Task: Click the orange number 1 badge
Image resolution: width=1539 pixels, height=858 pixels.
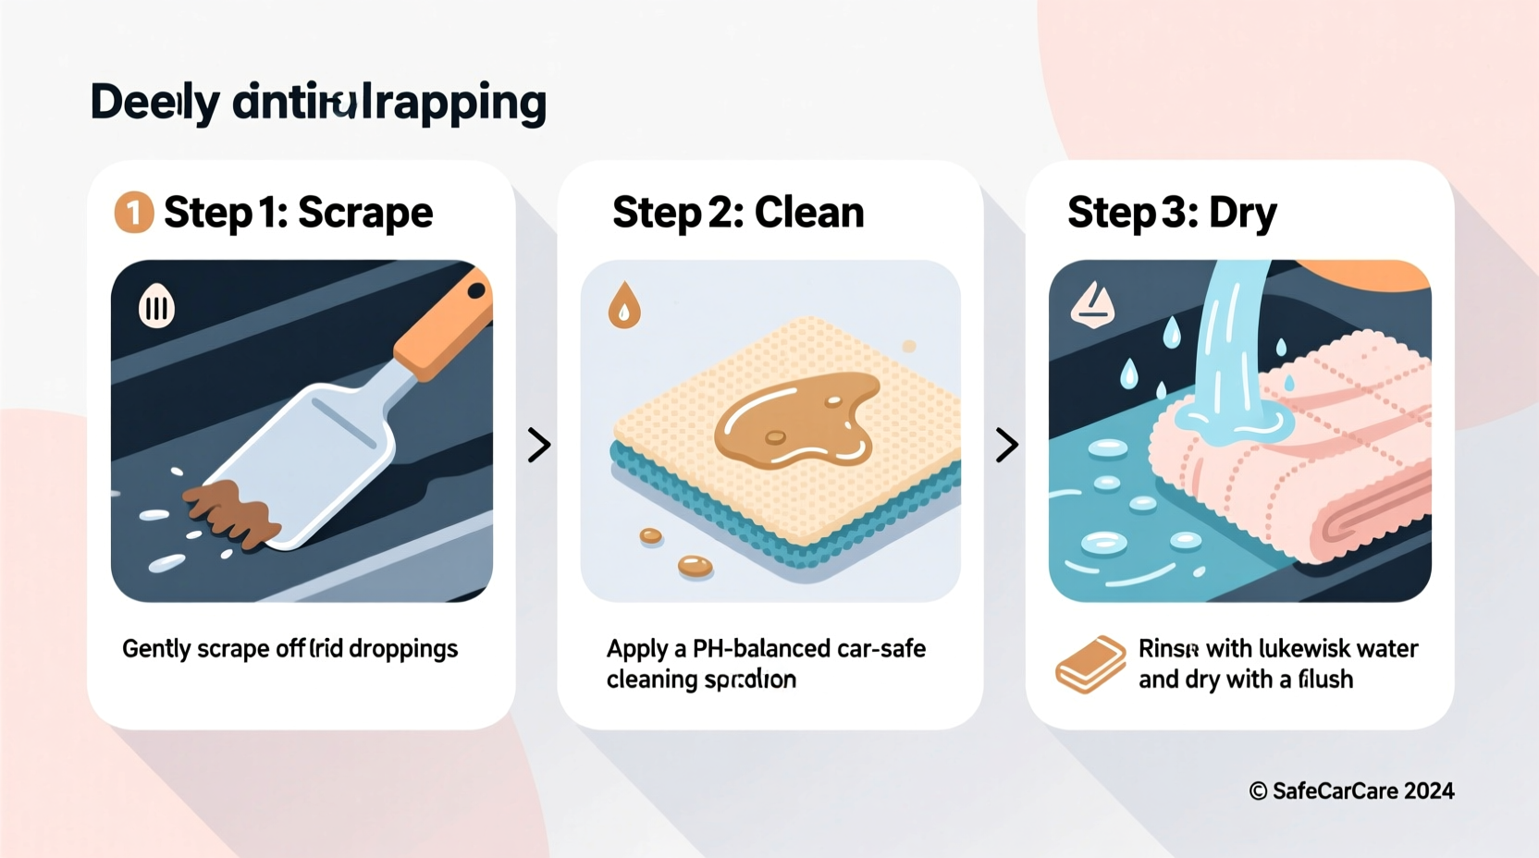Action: pos(134,212)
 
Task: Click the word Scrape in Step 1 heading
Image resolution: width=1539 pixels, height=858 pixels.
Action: pos(365,214)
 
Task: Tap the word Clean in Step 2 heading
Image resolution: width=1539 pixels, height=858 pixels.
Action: pos(809,213)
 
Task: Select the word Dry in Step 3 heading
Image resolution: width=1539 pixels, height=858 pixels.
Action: pos(1242,214)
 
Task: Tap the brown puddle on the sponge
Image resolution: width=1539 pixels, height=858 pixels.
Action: pos(794,421)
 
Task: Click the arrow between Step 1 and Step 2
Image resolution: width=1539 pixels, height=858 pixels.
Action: pos(538,445)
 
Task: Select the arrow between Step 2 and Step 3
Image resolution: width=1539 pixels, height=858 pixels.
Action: pos(1006,445)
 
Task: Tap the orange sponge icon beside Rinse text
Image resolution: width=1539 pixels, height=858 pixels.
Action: pos(1090,664)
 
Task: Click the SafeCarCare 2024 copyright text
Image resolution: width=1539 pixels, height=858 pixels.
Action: pos(1351,791)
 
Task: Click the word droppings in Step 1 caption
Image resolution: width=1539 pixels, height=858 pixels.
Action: pos(403,649)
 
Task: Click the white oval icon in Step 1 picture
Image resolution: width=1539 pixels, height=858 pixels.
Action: pos(156,307)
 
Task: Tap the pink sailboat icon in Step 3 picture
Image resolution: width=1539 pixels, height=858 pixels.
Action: pos(1092,305)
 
